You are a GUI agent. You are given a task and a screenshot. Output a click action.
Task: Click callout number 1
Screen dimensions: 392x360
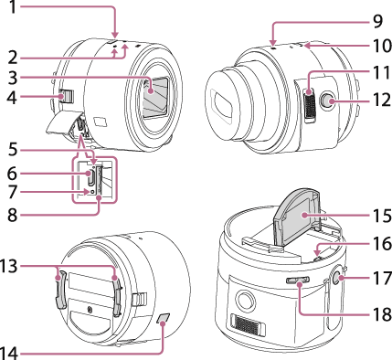(12, 6)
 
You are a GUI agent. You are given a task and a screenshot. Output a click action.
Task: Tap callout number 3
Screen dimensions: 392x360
(12, 78)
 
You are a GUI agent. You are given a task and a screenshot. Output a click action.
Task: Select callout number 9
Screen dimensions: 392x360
(376, 21)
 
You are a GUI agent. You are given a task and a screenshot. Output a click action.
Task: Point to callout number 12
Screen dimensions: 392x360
(381, 100)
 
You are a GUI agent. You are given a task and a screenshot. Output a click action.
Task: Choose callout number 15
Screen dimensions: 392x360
(381, 216)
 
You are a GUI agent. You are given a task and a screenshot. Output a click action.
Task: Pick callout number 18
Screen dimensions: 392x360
(381, 313)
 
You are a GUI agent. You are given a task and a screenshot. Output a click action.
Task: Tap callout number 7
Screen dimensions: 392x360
(12, 192)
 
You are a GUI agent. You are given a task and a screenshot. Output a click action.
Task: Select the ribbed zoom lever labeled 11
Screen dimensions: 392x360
(311, 106)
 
